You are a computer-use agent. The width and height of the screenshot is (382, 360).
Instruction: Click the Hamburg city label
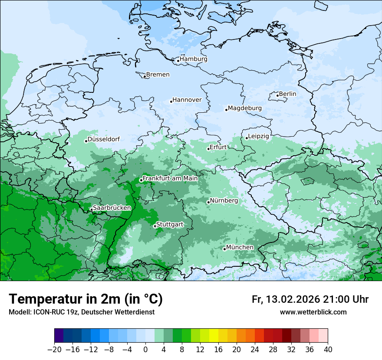tap(194, 59)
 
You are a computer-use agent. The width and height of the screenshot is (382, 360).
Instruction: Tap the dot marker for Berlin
tap(277, 95)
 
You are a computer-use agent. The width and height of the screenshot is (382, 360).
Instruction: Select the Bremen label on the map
tap(158, 75)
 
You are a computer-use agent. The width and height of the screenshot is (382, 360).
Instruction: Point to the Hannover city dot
tap(171, 101)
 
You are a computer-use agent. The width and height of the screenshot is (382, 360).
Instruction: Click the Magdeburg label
tap(244, 108)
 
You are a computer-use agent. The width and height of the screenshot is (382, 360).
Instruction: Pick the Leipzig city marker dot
tap(247, 138)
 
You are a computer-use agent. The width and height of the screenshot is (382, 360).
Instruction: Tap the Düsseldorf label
tap(104, 139)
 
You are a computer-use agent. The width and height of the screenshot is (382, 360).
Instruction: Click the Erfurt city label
tap(218, 147)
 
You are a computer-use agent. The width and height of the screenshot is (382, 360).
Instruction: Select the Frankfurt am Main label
tap(170, 178)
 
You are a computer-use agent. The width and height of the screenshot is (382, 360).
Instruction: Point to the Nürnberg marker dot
tap(208, 202)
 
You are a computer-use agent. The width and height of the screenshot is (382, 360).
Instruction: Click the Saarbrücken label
tap(112, 208)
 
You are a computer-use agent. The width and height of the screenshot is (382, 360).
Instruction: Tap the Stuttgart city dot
tap(155, 226)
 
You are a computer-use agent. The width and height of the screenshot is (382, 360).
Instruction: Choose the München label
tap(240, 247)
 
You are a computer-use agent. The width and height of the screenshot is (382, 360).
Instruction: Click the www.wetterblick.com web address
tap(313, 312)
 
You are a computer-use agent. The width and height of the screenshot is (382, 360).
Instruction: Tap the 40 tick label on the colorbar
tap(328, 349)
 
